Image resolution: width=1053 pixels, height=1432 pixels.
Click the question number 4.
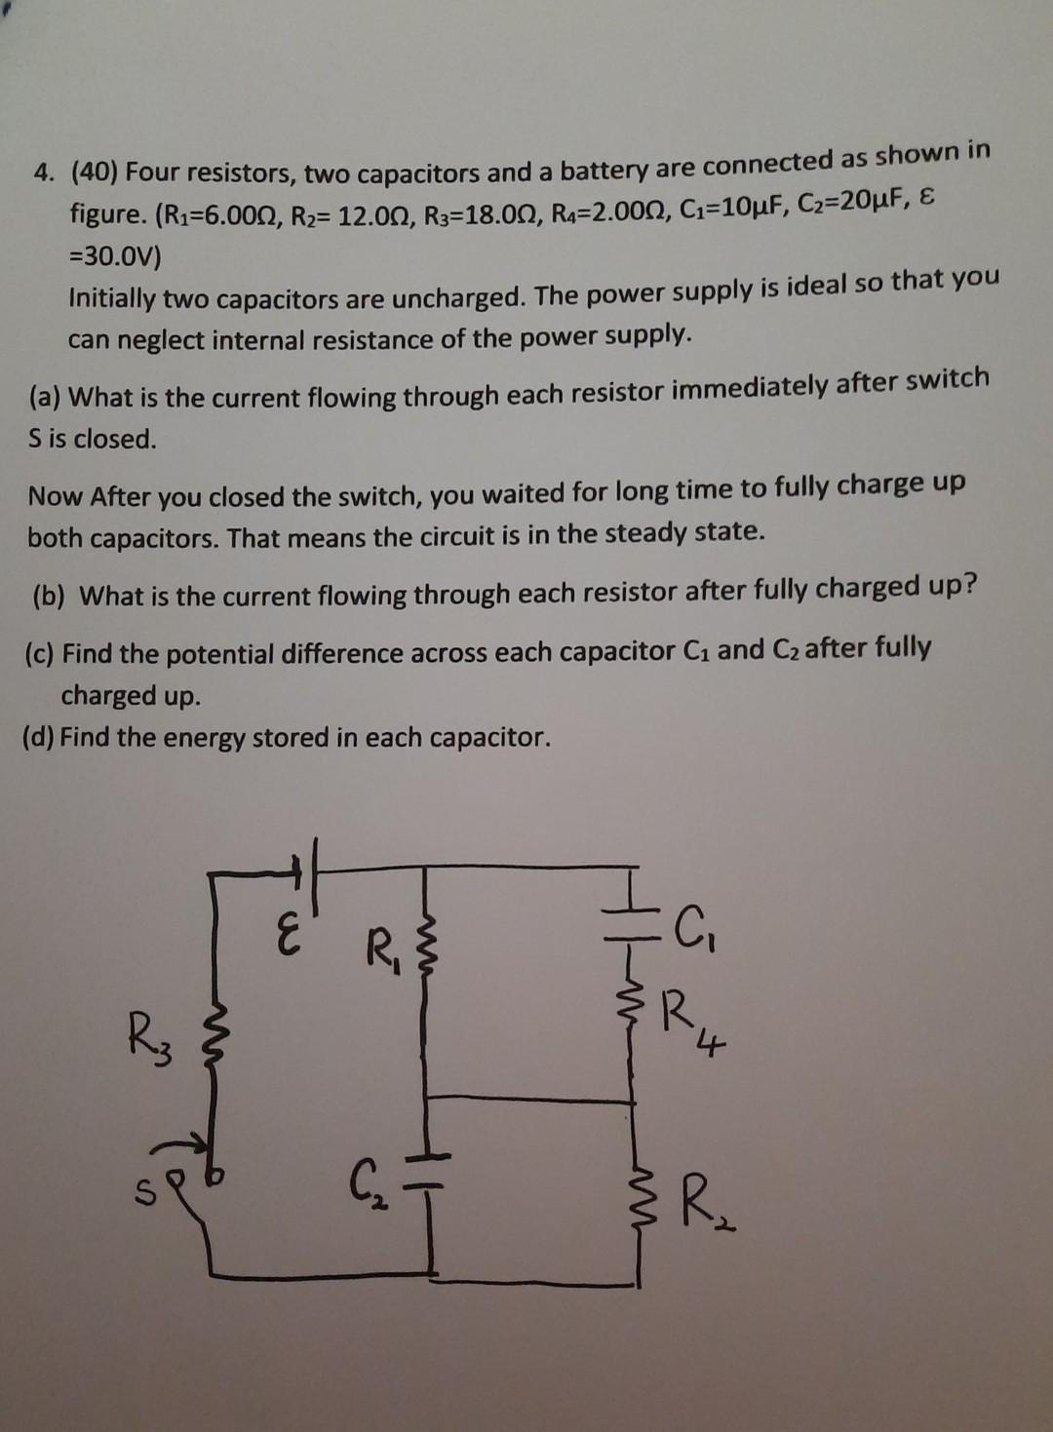click(42, 173)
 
